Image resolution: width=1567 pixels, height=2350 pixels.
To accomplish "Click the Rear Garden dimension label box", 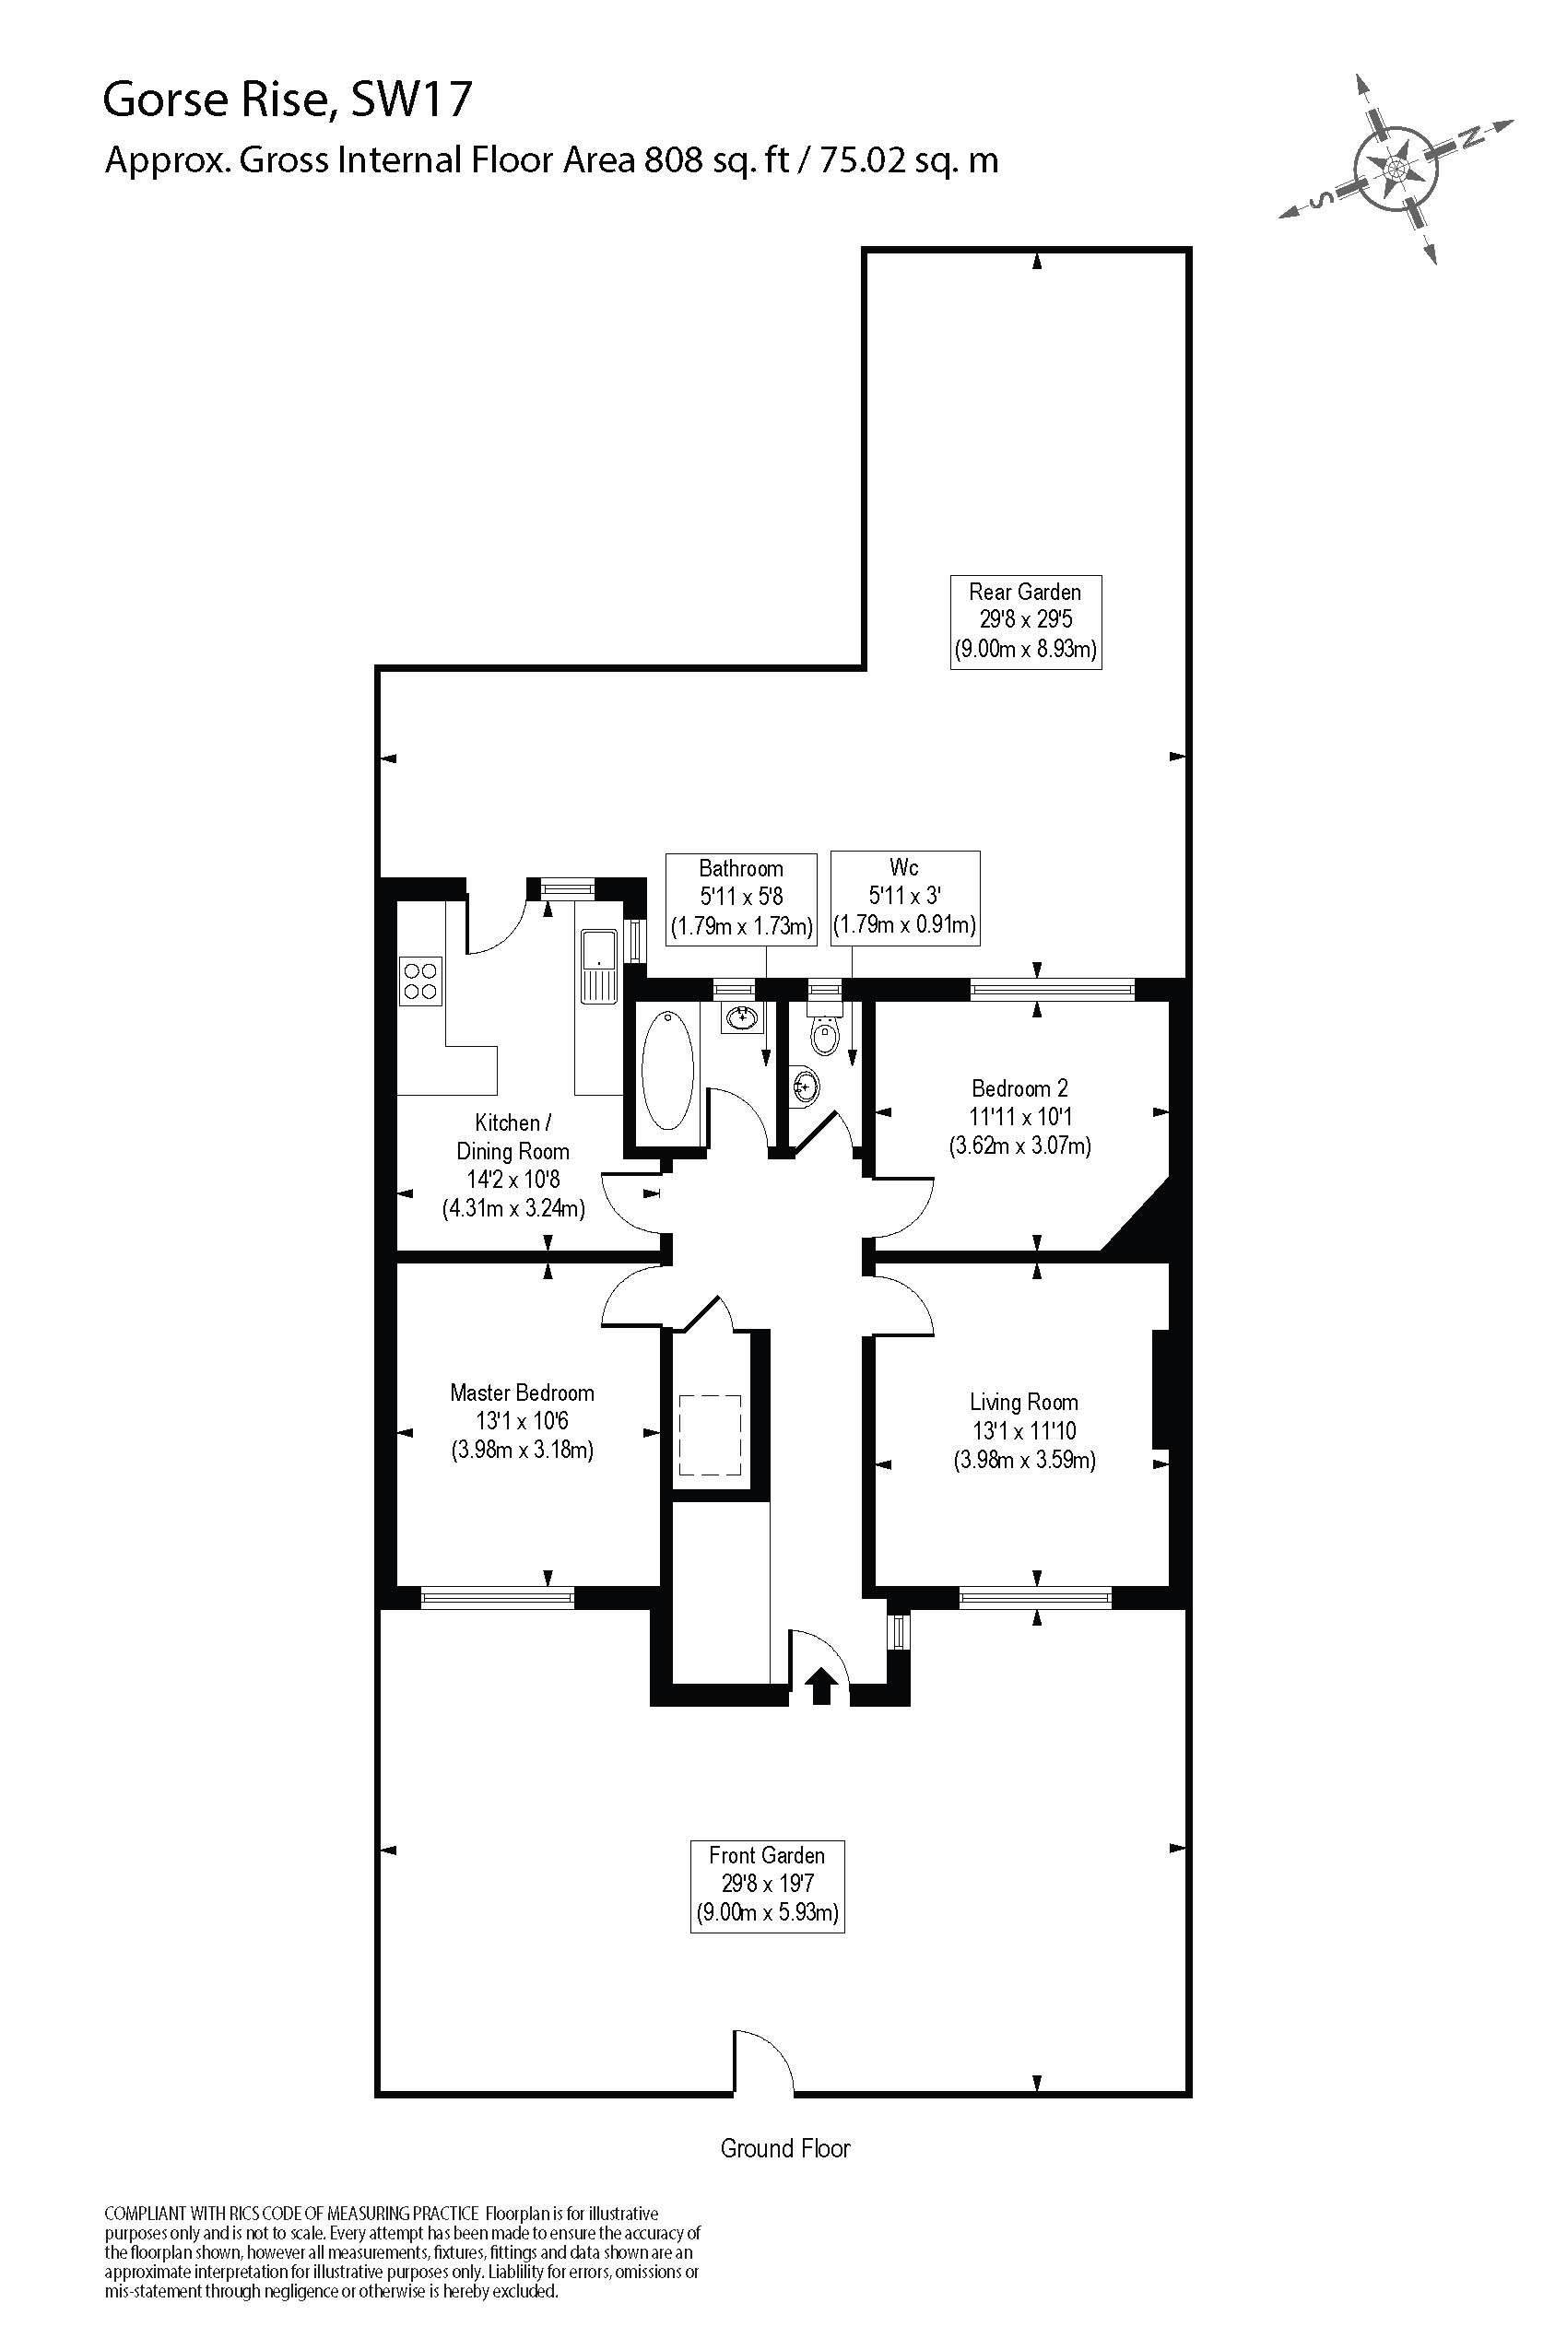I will [x=1024, y=620].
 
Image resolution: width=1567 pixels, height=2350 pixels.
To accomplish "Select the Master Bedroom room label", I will [x=522, y=1421].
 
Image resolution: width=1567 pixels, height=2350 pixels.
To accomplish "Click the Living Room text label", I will [x=1023, y=1431].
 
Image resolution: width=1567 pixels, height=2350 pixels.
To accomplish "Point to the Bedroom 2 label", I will [x=1019, y=1116].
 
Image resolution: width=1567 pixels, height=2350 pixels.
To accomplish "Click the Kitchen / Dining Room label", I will [x=513, y=1165].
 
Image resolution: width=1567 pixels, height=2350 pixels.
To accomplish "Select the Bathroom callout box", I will [x=740, y=898].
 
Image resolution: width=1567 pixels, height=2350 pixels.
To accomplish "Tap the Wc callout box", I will [x=903, y=897].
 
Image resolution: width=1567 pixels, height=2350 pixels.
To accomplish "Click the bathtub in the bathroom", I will [x=666, y=1069].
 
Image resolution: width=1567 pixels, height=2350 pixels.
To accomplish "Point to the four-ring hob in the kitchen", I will [x=419, y=981].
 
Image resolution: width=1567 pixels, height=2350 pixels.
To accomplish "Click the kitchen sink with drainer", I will [x=598, y=965].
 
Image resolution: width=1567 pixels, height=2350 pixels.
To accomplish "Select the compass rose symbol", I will [x=1396, y=168].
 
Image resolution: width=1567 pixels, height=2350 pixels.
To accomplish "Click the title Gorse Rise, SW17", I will [x=287, y=100].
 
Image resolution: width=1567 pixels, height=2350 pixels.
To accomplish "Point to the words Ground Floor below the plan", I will [x=784, y=2148].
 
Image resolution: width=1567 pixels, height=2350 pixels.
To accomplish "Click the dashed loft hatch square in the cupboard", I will [x=710, y=1435].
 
